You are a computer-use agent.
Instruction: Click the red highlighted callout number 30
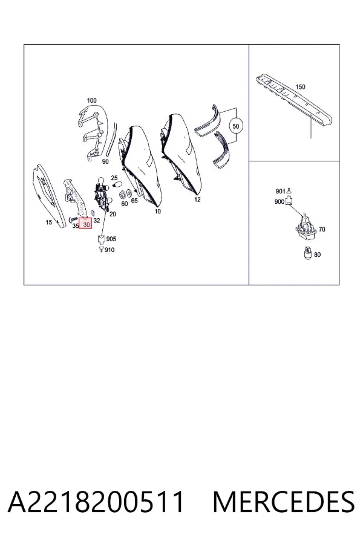tap(85, 224)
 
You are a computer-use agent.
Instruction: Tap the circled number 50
tap(236, 126)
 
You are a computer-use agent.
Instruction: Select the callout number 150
tap(300, 86)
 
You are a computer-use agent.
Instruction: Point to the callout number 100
tap(92, 100)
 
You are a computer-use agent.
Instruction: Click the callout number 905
tap(111, 239)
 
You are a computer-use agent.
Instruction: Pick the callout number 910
tap(110, 250)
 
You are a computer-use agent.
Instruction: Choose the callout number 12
tap(197, 199)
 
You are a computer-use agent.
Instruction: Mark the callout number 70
tap(322, 229)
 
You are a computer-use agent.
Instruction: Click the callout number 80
tap(318, 254)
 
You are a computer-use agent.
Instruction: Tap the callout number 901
tap(280, 191)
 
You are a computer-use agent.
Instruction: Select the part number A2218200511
tap(96, 502)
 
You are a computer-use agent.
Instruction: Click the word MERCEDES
tap(284, 502)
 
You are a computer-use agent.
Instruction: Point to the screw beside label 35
tap(74, 219)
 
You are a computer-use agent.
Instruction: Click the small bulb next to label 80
tap(308, 253)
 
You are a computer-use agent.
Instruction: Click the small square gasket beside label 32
tap(93, 212)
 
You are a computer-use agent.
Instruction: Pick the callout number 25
tap(114, 178)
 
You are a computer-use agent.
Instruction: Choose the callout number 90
tap(105, 161)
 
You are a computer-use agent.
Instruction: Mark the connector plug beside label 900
tap(289, 201)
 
